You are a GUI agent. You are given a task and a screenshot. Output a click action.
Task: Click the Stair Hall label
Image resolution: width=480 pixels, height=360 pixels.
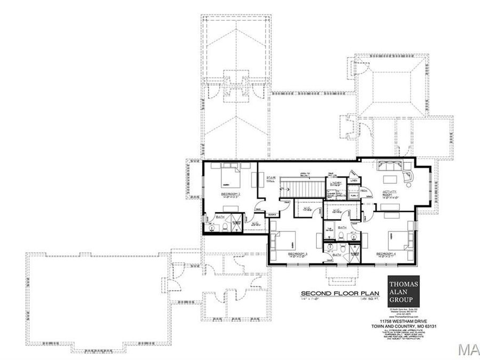[x=270, y=181]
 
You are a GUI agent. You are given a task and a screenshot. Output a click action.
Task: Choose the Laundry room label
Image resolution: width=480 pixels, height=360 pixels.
[x=335, y=184]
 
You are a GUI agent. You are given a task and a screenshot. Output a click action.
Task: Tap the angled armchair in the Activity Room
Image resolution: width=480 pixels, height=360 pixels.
[x=410, y=177]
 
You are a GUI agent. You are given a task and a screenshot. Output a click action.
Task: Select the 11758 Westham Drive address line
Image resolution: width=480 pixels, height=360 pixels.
[x=407, y=322]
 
